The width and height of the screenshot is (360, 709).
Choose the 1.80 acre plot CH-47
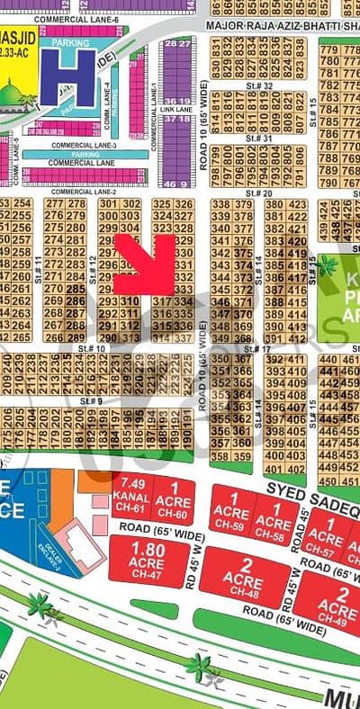point(148,559)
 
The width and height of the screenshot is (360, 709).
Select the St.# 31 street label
point(260,139)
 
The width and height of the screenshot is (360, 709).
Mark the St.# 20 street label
point(260,193)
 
